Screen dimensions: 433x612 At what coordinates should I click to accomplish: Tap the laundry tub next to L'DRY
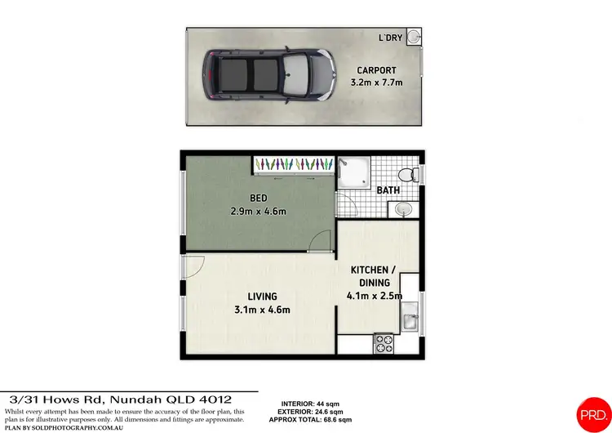coord(414,37)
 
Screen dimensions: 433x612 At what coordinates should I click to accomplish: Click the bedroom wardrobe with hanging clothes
coord(293,164)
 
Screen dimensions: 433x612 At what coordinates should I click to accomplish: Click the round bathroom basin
coord(402,210)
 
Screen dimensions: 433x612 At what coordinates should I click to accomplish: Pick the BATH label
coord(389,191)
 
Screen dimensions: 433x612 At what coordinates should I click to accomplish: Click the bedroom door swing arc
coord(320,241)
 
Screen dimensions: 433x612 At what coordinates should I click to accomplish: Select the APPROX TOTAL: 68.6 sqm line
coord(316,419)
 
